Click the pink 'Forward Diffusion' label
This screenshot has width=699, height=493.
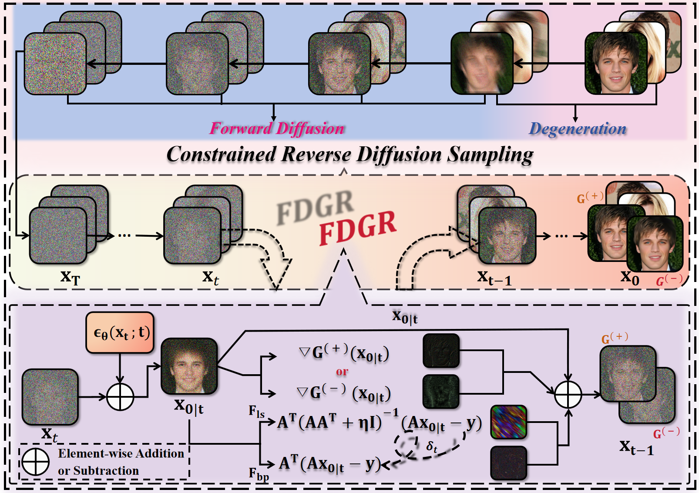click(x=277, y=128)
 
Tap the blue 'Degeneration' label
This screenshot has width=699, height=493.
click(x=578, y=128)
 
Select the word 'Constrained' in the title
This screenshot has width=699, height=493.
click(x=221, y=154)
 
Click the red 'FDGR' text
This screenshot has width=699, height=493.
click(x=357, y=227)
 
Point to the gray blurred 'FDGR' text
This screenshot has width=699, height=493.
click(x=315, y=207)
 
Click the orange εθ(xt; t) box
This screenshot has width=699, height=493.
click(x=121, y=332)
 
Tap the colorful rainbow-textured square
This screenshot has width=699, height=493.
click(x=508, y=422)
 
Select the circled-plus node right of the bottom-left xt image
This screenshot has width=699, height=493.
click(x=120, y=397)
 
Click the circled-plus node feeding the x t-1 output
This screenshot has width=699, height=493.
click(x=568, y=395)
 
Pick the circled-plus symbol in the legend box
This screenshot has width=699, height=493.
click(x=36, y=462)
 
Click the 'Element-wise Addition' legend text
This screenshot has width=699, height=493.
click(x=121, y=453)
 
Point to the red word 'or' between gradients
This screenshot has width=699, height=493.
click(x=342, y=372)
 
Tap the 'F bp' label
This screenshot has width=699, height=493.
click(x=259, y=474)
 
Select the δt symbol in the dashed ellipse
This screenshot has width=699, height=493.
click(x=432, y=446)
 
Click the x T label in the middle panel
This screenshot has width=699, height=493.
click(x=70, y=277)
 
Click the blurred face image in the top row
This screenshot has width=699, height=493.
click(x=482, y=64)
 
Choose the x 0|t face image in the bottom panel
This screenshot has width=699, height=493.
click(x=189, y=366)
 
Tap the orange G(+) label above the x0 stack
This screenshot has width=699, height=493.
click(x=590, y=198)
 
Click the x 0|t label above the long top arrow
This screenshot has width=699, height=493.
click(x=405, y=317)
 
